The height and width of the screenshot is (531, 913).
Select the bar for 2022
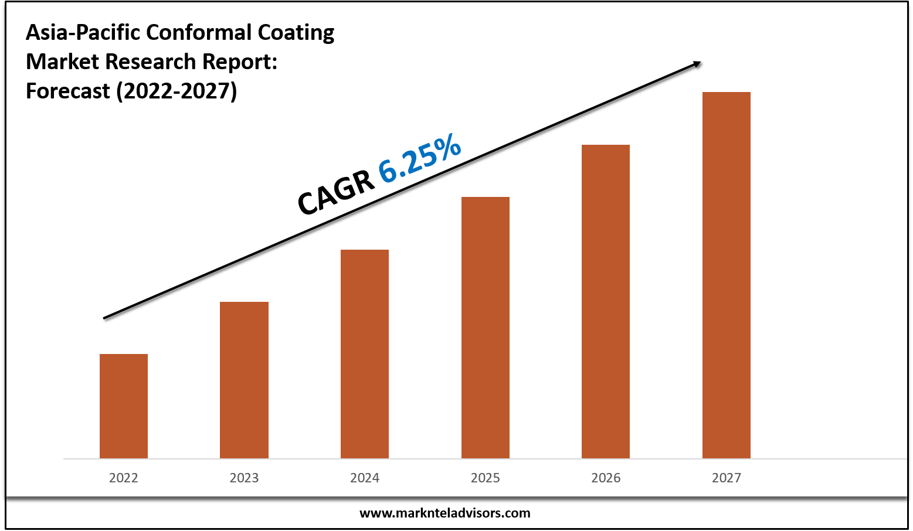[x=124, y=406]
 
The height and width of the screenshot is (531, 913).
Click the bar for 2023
[x=244, y=380]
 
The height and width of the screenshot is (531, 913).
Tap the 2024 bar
[x=365, y=353]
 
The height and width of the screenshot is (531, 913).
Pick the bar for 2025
[x=486, y=327]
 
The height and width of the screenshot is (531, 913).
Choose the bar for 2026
[x=606, y=301]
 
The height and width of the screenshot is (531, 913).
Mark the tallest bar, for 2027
[x=727, y=275]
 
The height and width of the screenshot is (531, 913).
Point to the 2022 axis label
[x=124, y=478]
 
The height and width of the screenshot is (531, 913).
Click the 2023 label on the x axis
[x=244, y=478]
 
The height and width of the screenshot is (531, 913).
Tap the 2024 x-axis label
[x=365, y=478]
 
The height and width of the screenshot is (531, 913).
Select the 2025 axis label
[x=486, y=478]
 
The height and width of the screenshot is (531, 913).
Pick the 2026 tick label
[x=606, y=478]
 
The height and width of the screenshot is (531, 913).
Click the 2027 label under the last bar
[x=727, y=478]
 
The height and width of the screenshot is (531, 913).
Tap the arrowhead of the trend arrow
[x=697, y=63]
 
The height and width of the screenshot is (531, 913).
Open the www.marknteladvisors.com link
[x=444, y=513]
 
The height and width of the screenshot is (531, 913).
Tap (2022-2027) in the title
[x=177, y=91]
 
